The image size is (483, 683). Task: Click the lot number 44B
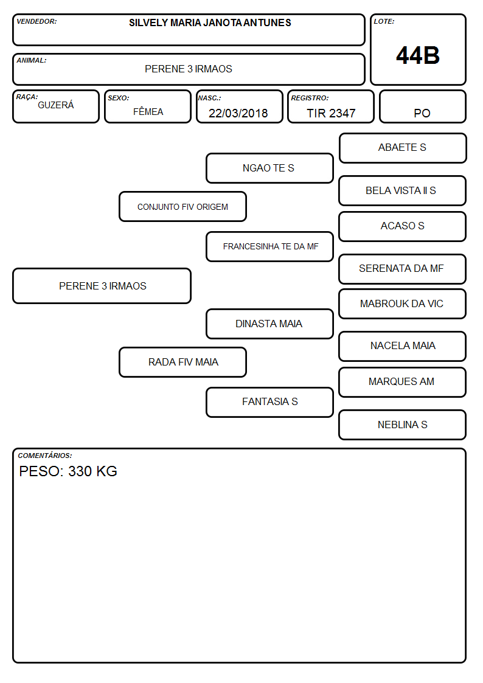418,55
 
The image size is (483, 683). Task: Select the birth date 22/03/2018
238,113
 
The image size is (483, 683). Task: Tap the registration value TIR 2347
331,113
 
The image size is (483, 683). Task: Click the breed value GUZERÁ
56,105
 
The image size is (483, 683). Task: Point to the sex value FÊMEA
148,111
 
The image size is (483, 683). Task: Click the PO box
422,106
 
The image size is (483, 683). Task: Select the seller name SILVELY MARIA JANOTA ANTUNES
210,23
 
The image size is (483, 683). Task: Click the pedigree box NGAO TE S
269,168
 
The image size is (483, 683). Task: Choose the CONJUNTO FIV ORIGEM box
182,206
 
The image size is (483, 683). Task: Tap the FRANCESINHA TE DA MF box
269,246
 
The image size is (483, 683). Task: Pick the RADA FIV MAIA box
182,362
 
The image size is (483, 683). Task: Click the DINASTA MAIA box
269,324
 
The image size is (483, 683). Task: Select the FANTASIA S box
269,402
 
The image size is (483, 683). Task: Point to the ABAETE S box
403,148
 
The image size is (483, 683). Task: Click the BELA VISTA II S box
402,190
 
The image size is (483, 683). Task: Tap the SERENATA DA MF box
402,269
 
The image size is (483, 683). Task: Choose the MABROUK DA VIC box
402,303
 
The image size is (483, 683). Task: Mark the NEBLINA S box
402,425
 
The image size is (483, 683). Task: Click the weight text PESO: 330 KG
68,471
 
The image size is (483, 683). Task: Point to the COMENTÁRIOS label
45,456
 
